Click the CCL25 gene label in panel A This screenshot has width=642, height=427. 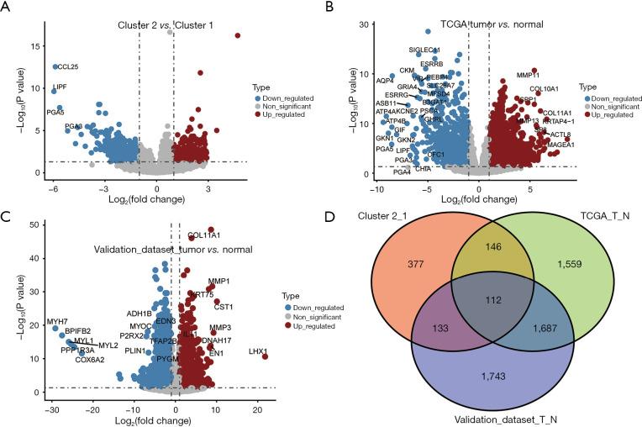(x=67, y=66)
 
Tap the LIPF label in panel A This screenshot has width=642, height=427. (x=60, y=87)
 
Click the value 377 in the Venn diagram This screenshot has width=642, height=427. (x=391, y=285)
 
